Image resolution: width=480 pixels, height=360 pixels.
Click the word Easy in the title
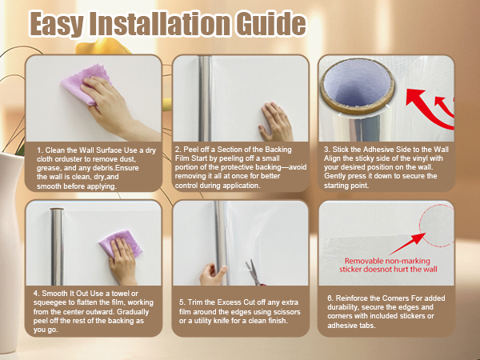pos(57,25)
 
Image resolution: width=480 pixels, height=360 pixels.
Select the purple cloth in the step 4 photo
pos(121,243)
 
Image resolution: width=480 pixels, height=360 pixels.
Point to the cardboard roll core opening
pos(357,86)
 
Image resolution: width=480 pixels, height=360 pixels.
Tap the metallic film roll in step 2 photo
pos(205,98)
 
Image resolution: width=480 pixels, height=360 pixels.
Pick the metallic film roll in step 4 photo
pos(58,246)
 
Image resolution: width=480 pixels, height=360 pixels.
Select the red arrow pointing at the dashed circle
pos(407,244)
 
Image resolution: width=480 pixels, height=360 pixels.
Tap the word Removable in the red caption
pos(364,261)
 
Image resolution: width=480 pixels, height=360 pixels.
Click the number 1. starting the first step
pos(40,150)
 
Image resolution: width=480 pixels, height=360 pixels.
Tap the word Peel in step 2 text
pos(190,150)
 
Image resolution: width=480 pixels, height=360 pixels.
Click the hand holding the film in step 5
pos(213,274)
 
